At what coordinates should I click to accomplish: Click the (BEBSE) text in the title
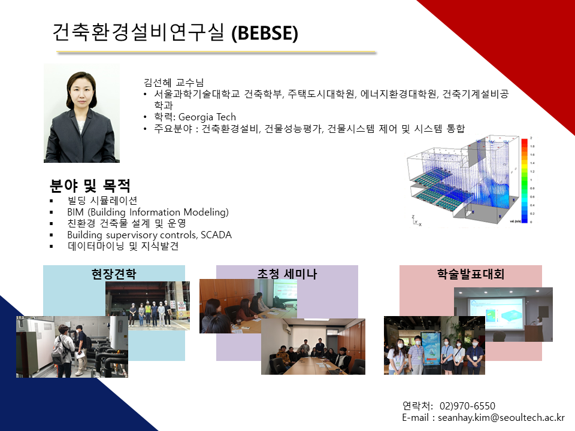click(x=265, y=33)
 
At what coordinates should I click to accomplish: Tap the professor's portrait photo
click(x=81, y=113)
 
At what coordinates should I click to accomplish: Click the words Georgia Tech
click(x=207, y=117)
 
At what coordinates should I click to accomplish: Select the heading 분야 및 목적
click(x=90, y=186)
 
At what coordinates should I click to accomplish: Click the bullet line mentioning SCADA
click(x=149, y=235)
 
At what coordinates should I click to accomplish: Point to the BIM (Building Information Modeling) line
click(x=148, y=212)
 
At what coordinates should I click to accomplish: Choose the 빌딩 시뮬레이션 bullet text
click(x=102, y=201)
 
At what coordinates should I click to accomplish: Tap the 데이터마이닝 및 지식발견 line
click(x=123, y=246)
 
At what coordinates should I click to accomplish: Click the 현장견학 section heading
click(x=114, y=274)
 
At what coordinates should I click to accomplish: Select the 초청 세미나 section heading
click(x=287, y=274)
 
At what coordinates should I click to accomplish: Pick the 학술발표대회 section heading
click(x=471, y=274)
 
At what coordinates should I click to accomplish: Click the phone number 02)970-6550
click(x=467, y=406)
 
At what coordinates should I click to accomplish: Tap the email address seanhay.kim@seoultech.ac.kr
click(x=501, y=417)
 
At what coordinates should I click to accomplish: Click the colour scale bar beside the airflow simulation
click(x=525, y=181)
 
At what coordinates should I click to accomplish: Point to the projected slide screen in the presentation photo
click(x=495, y=311)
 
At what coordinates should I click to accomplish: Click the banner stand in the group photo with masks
click(x=431, y=352)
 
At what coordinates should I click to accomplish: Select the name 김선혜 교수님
click(x=174, y=83)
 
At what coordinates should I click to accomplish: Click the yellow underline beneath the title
click(x=216, y=53)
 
